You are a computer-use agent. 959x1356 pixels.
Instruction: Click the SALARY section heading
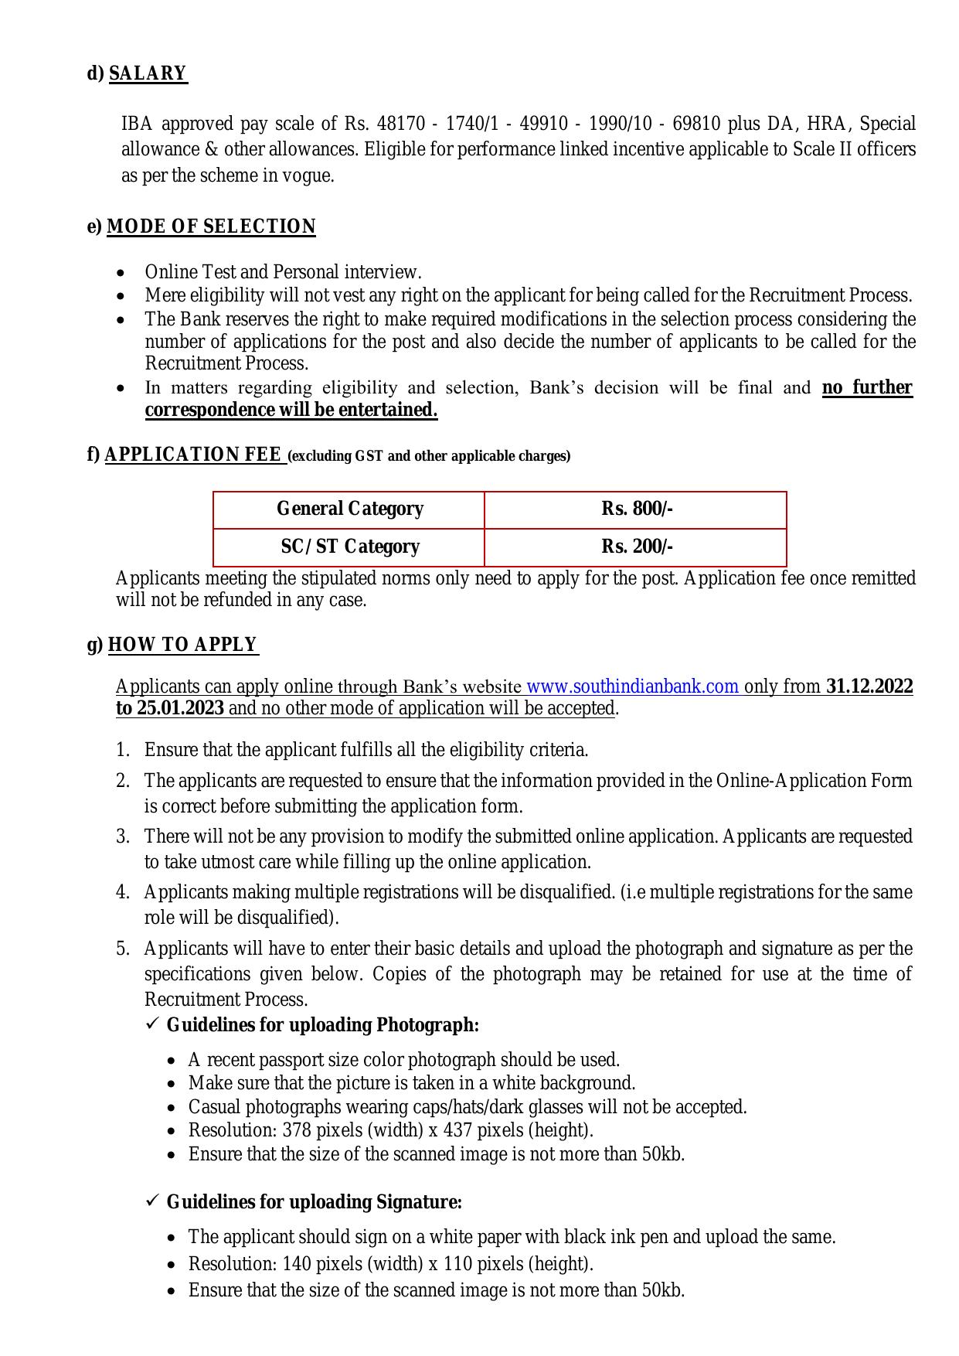tap(148, 73)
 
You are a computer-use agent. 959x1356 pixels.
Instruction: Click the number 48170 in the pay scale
tap(400, 124)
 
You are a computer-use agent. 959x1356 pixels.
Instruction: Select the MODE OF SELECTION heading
tap(211, 227)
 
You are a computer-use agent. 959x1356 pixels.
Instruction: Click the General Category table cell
tap(349, 509)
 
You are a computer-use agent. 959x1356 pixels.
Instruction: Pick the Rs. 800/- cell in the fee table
tap(637, 509)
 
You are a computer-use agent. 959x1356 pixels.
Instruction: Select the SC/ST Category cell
tap(349, 547)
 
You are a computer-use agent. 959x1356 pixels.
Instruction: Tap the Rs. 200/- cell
tap(637, 547)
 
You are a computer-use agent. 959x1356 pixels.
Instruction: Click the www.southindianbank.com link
tap(632, 687)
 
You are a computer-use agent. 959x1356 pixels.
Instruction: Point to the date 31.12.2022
tap(869, 687)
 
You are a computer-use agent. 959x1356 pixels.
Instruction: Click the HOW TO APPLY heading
tap(182, 645)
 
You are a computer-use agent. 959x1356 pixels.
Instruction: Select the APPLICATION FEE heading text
tap(192, 455)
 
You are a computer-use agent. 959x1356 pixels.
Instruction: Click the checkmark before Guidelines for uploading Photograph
tap(151, 1024)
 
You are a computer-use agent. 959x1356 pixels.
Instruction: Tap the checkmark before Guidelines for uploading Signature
tap(151, 1201)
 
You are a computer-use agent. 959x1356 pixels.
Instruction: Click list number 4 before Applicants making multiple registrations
tap(123, 892)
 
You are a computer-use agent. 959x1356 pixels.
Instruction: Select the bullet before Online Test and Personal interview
tap(120, 274)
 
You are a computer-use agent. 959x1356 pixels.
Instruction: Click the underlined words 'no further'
tap(867, 387)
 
